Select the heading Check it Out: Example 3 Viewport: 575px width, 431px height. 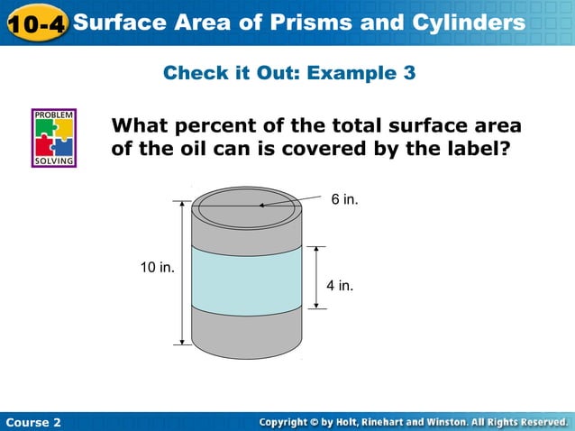289,73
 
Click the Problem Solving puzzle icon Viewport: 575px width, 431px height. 54,138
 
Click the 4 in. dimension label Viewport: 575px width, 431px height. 340,286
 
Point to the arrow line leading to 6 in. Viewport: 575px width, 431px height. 293,201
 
